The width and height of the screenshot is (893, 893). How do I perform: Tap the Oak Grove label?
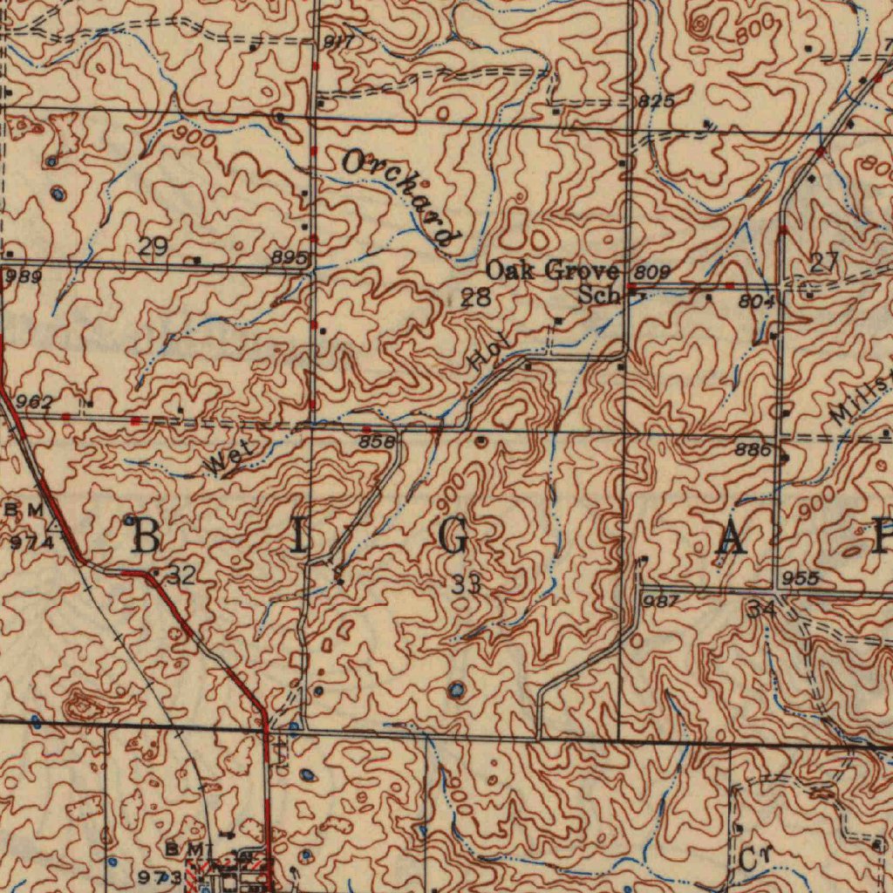click(x=552, y=270)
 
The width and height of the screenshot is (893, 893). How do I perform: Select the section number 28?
click(x=476, y=297)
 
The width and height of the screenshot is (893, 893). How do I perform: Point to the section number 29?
click(x=153, y=247)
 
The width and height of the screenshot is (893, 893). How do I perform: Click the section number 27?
click(x=823, y=262)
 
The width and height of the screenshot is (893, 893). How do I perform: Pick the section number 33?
click(x=467, y=584)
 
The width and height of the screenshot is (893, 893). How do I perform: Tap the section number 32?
click(x=181, y=575)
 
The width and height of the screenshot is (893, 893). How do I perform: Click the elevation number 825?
click(x=656, y=101)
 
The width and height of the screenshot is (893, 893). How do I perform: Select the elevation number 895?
click(x=289, y=258)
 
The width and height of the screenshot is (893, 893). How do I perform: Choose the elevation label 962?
click(x=35, y=402)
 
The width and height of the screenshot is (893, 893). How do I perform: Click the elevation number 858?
click(x=377, y=442)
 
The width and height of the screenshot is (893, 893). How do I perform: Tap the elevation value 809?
click(x=652, y=272)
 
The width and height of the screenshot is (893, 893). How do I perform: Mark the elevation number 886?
click(x=753, y=450)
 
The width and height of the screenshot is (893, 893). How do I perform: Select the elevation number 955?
click(x=800, y=578)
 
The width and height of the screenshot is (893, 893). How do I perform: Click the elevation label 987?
click(x=660, y=602)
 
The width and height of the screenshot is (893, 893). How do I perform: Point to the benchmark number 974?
click(x=32, y=542)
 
